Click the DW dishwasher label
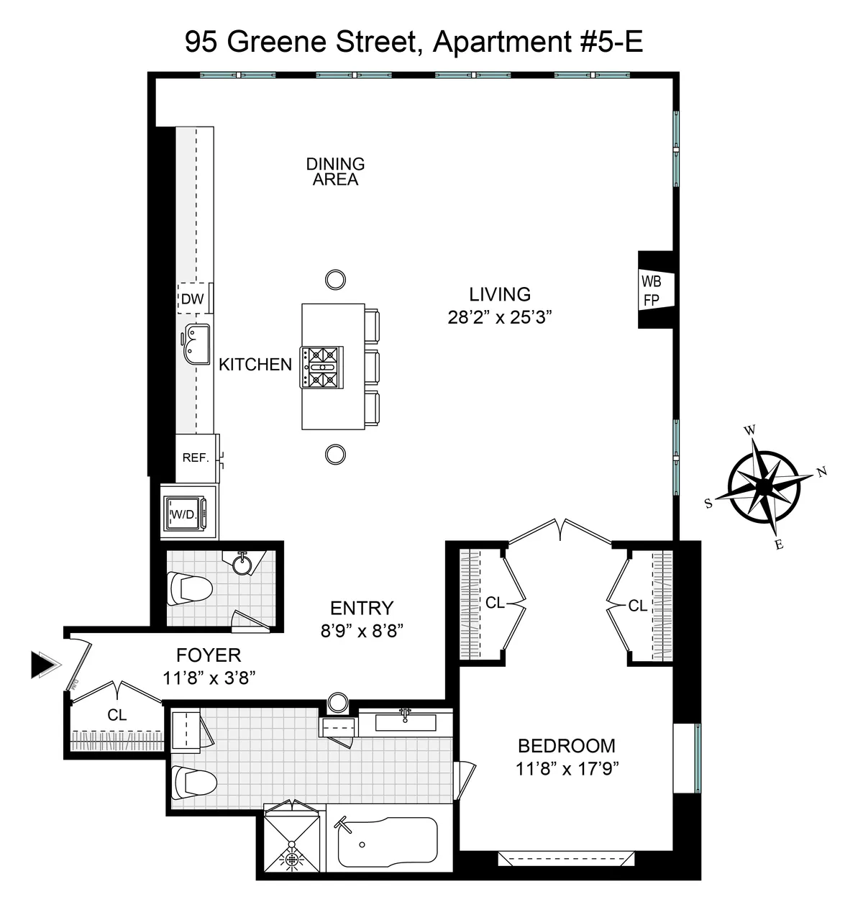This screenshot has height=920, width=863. click(192, 299)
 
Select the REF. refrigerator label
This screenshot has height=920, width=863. click(196, 457)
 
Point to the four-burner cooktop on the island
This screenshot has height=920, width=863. click(321, 367)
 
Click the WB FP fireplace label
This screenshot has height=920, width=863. click(651, 290)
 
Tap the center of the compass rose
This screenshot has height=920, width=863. click(763, 487)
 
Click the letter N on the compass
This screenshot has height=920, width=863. click(822, 473)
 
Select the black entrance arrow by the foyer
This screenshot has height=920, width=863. click(43, 664)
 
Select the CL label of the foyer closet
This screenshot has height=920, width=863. click(117, 715)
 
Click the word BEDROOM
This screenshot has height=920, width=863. click(567, 746)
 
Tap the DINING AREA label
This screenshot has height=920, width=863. click(335, 172)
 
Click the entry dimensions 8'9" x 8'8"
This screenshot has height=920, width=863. click(362, 631)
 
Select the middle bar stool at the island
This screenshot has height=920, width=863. click(371, 367)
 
